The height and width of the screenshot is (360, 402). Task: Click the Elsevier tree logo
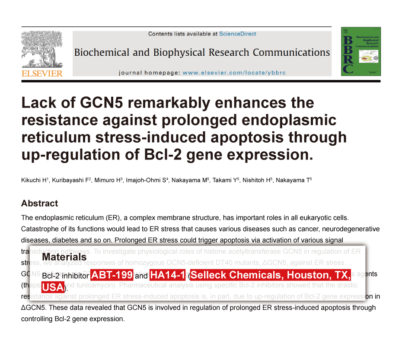(42, 49)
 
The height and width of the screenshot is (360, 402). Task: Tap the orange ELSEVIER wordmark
(42, 73)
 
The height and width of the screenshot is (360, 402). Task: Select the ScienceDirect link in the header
(237, 34)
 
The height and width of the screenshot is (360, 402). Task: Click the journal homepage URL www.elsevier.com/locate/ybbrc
(234, 73)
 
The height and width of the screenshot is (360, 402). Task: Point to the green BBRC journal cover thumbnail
(360, 51)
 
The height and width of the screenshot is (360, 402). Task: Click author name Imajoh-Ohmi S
(147, 180)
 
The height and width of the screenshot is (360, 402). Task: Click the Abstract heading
(39, 203)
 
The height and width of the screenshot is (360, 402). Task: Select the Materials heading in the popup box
(64, 258)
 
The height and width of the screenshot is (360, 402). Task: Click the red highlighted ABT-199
(112, 275)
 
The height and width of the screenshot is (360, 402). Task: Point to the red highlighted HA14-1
(168, 275)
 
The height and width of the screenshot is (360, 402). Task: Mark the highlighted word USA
(53, 287)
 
